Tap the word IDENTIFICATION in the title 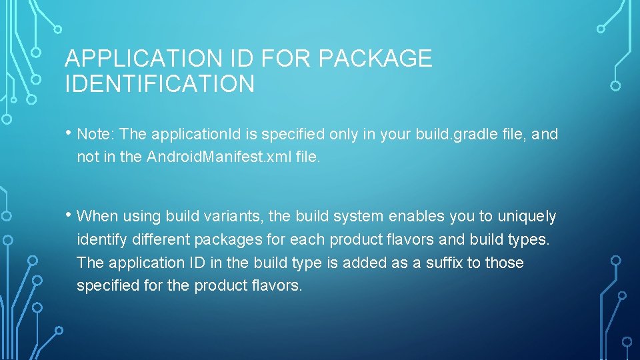point(159,84)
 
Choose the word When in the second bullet point(97,216)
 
